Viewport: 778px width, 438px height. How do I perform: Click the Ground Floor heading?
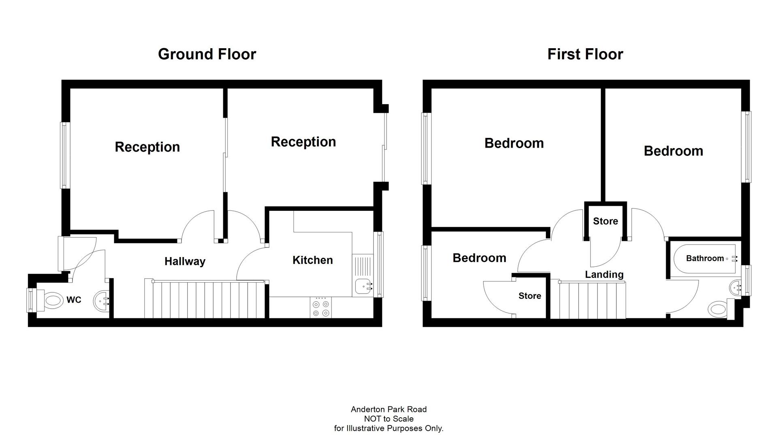pyautogui.click(x=207, y=54)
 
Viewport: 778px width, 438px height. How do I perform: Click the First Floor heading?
pyautogui.click(x=585, y=54)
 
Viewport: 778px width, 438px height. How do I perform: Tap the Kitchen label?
pyautogui.click(x=312, y=260)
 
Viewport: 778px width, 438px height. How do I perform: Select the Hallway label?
pyautogui.click(x=185, y=261)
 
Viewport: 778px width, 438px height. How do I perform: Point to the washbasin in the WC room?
pyautogui.click(x=102, y=301)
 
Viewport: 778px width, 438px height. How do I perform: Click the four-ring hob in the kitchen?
pyautogui.click(x=321, y=308)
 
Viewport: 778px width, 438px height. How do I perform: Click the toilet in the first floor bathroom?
pyautogui.click(x=719, y=309)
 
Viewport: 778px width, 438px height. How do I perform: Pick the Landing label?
pyautogui.click(x=604, y=275)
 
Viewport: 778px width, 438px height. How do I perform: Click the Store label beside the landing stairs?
pyautogui.click(x=530, y=296)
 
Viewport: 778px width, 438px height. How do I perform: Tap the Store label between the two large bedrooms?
pyautogui.click(x=605, y=221)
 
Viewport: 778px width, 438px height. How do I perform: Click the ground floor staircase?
pyautogui.click(x=205, y=299)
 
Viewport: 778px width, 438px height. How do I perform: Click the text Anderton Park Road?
pyautogui.click(x=389, y=409)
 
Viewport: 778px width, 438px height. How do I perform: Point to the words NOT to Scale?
pyautogui.click(x=389, y=419)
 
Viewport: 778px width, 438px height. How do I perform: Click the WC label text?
pyautogui.click(x=74, y=300)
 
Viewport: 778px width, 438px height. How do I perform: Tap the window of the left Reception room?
pyautogui.click(x=64, y=155)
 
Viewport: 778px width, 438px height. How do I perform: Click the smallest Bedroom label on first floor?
pyautogui.click(x=479, y=258)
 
